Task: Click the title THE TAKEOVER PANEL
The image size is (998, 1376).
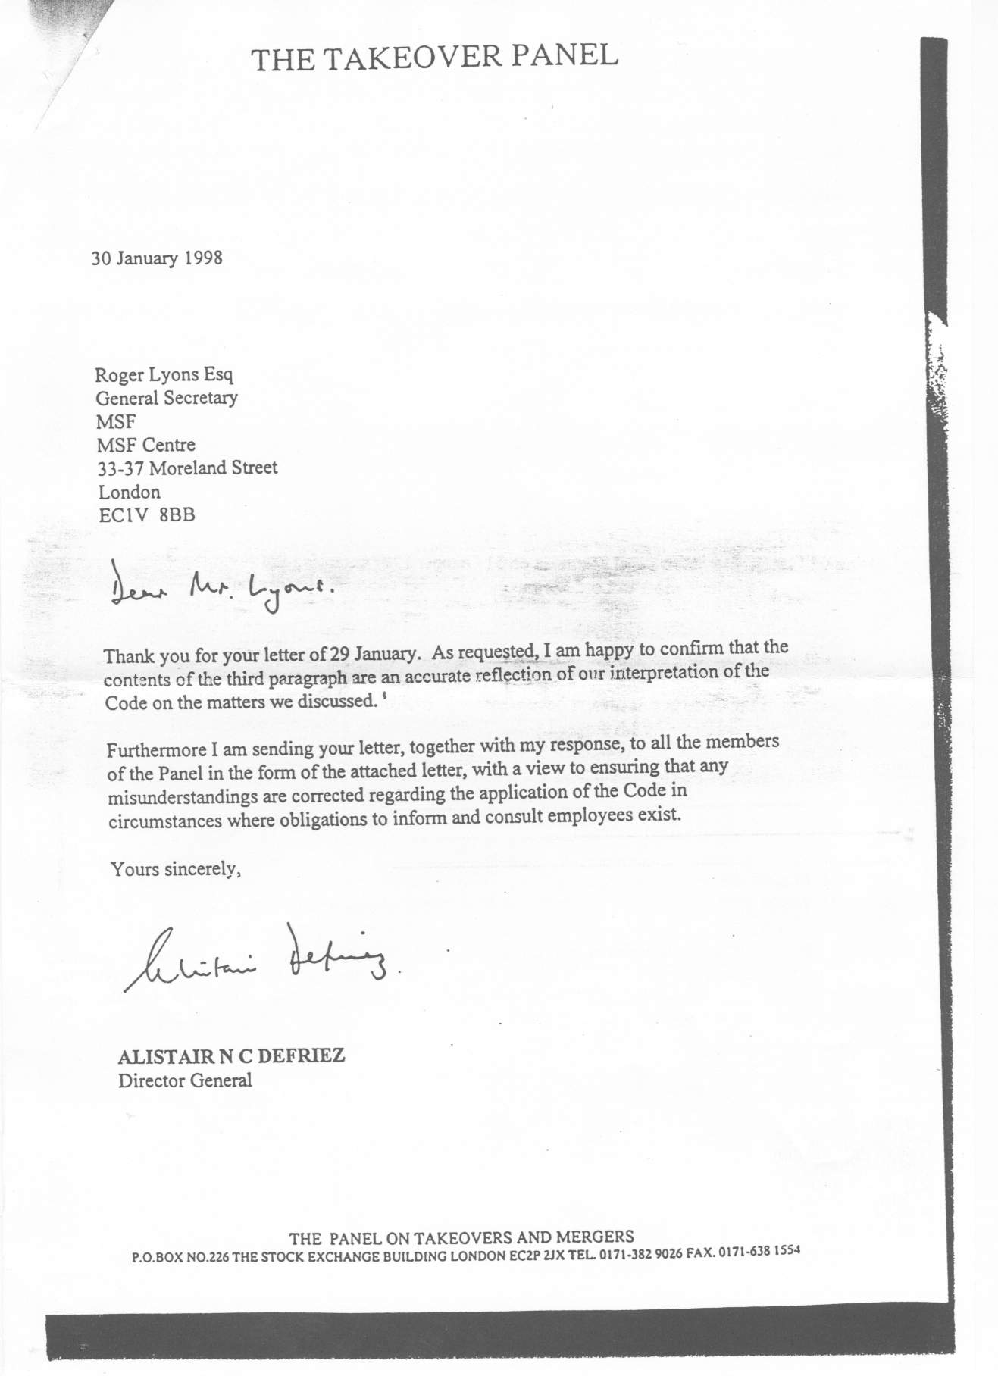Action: (x=435, y=58)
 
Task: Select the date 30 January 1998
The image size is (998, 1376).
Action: (x=157, y=258)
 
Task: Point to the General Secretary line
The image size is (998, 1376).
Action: (x=166, y=398)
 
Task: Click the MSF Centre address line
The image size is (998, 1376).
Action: (x=145, y=445)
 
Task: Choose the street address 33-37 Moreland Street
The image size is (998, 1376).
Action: (x=188, y=468)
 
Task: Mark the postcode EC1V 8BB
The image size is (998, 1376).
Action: (x=146, y=515)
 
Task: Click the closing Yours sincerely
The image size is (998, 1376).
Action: (x=176, y=869)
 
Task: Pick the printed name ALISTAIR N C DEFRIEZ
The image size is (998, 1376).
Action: (x=231, y=1056)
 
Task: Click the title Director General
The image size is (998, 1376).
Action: (x=184, y=1080)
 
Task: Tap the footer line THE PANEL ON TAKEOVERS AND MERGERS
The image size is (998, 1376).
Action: (x=462, y=1239)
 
